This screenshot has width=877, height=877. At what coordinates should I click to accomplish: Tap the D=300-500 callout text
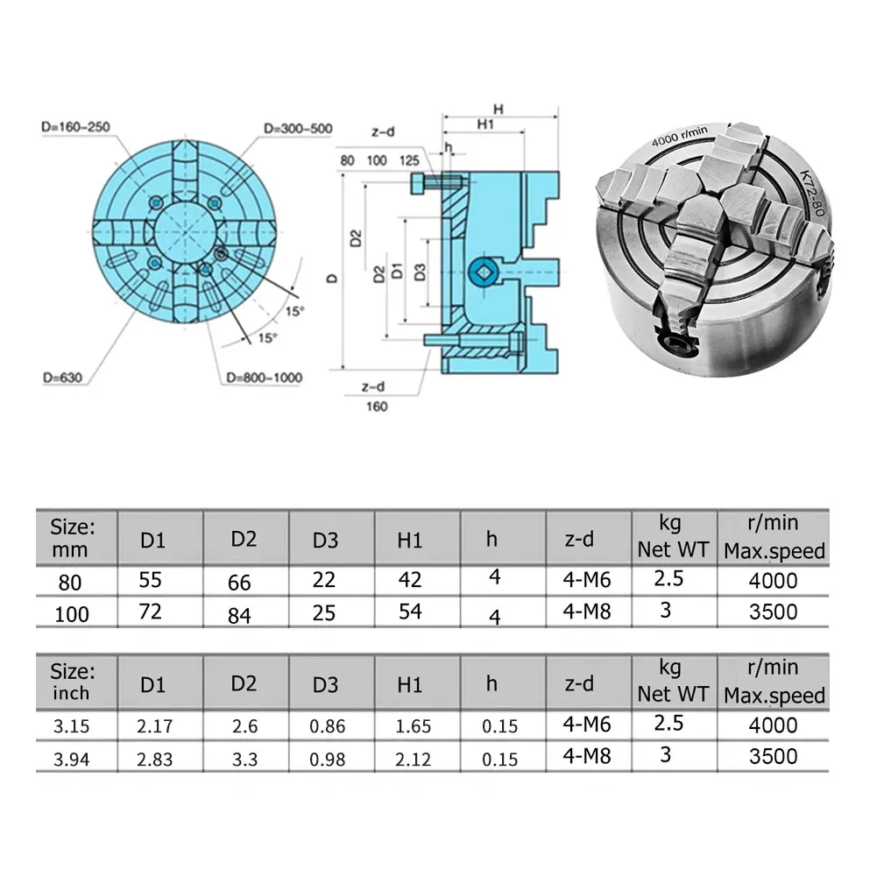[298, 129]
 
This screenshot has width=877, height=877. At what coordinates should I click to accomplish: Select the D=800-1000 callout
[264, 378]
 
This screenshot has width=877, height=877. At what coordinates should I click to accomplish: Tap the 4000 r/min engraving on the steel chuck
[679, 138]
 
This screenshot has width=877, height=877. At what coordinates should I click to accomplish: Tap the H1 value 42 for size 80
[410, 580]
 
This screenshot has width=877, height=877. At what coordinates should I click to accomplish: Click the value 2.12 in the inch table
[414, 759]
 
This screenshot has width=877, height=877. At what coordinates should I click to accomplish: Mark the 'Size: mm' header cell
[73, 537]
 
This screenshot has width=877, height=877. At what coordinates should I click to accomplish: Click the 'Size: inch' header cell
[73, 681]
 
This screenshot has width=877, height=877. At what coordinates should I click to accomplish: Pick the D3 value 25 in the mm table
[324, 612]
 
